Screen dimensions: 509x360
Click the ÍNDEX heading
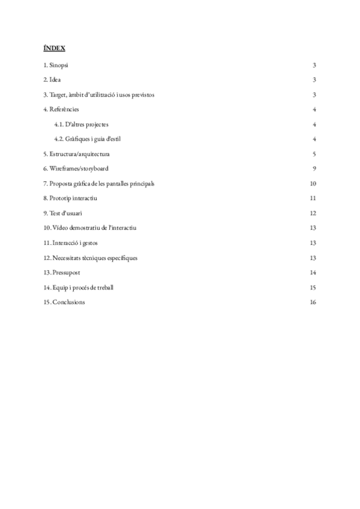[55, 47]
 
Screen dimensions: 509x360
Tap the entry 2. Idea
[52, 80]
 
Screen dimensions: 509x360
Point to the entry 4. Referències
[61, 110]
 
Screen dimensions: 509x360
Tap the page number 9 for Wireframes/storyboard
[314, 169]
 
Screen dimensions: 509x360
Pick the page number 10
[313, 184]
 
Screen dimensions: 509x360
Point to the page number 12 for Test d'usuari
[313, 213]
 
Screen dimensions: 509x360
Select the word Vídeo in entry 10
[62, 228]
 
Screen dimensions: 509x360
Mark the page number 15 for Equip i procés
[313, 288]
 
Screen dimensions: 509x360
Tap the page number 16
[313, 302]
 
